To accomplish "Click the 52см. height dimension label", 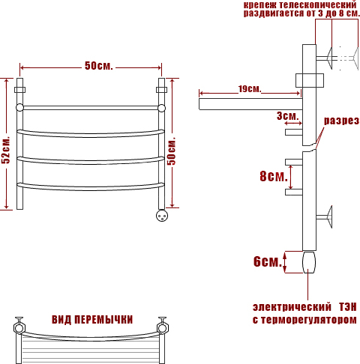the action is tap(6, 150).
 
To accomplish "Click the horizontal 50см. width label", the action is tap(99, 66).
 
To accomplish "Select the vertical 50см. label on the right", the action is tap(172, 151).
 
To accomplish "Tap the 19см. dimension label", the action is tap(250, 89).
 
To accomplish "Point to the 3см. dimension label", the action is tap(288, 116).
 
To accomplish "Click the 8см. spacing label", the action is tap(274, 176).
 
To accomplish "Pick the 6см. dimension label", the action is tap(268, 261).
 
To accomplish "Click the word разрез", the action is tap(341, 121).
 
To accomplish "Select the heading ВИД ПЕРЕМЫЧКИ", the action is tap(92, 320).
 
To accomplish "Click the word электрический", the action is tap(292, 307).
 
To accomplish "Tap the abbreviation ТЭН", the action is tap(348, 307).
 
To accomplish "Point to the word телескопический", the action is tap(318, 5).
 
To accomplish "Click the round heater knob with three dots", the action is tap(162, 216).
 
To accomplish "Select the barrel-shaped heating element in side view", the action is tap(309, 262).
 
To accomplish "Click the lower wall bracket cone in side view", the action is tap(329, 216).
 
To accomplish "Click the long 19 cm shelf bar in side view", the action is tap(250, 104).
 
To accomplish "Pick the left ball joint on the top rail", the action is tap(19, 108).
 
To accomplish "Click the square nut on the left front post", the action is tap(19, 90).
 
